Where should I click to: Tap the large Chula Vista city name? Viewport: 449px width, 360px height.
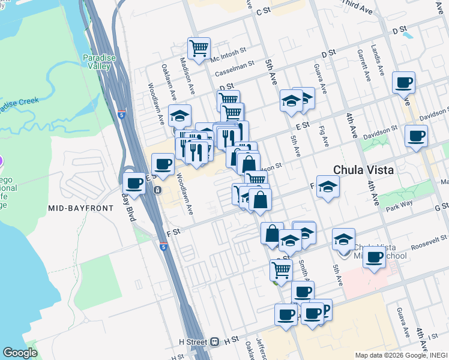pos(364,169)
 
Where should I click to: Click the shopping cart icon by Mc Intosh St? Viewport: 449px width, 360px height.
pos(198,48)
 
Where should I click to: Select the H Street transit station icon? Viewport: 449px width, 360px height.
pos(214,341)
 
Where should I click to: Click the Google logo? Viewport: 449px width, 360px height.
pos(20,353)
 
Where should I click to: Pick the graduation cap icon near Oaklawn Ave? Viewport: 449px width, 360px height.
pos(179,115)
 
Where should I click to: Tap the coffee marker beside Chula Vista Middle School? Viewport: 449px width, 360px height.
pos(375,258)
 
